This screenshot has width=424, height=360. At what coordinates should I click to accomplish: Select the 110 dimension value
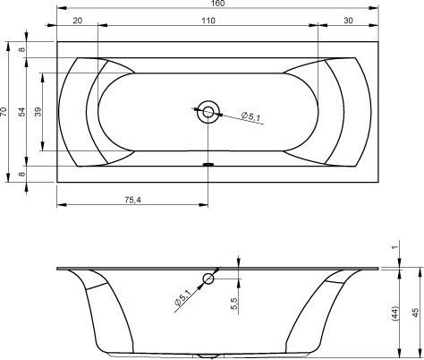pos(208,21)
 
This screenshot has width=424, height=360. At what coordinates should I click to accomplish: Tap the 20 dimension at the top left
pos(78,21)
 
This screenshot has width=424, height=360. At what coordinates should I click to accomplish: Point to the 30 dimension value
pos(348,21)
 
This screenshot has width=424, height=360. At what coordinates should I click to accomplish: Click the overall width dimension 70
pos(4,111)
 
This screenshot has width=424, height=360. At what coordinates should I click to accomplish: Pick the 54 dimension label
pos(22,112)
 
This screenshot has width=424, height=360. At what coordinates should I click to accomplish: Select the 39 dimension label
pos(38,112)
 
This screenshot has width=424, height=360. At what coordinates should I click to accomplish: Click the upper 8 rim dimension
pos(22,49)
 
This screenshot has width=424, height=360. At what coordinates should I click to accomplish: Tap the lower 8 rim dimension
pos(22,174)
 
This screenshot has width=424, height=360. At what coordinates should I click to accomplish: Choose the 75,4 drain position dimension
pos(133,200)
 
